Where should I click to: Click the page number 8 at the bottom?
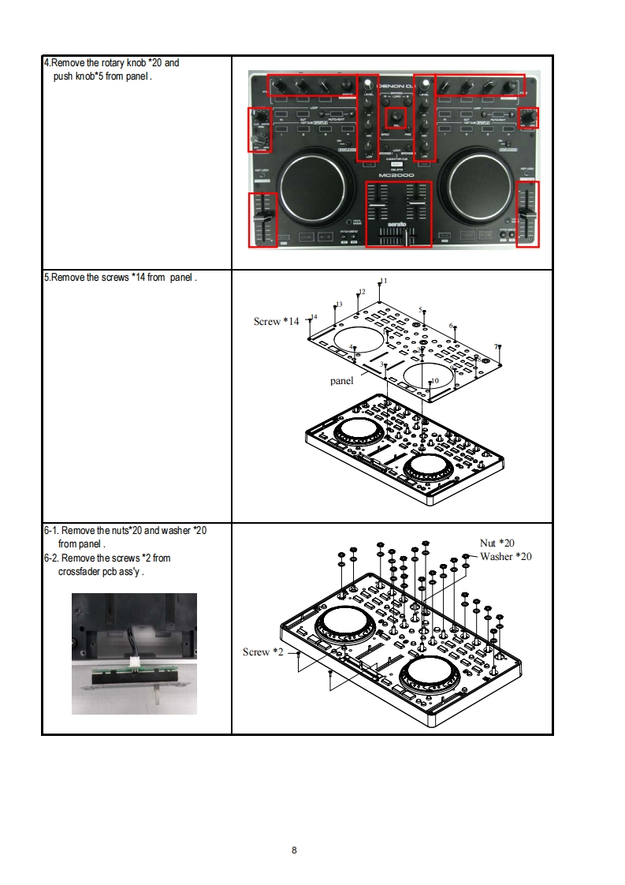(294, 850)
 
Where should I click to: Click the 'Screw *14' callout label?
(276, 321)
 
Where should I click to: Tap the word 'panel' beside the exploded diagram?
(341, 381)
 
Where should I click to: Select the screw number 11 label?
(384, 281)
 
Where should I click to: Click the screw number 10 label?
(434, 381)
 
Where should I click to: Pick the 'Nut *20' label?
(497, 543)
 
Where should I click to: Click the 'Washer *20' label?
(506, 556)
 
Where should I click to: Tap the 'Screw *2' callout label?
(262, 652)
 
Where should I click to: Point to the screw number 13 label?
(339, 304)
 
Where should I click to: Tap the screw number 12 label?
(362, 292)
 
